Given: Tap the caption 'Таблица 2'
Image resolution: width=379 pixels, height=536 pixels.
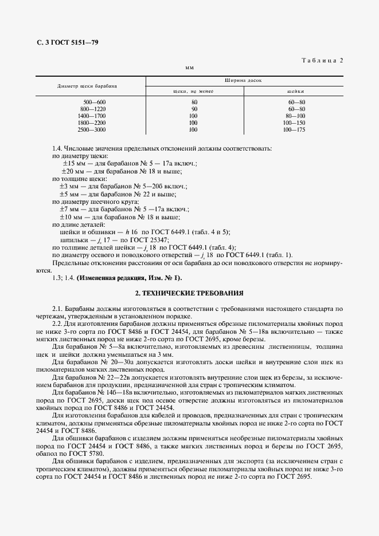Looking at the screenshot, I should click(x=322, y=60).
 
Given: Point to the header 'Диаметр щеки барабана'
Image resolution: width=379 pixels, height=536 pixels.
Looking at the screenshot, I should click(x=87, y=86).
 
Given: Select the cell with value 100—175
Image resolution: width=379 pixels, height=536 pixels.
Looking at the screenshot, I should click(x=294, y=129).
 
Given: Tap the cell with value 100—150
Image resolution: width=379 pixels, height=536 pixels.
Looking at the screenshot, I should click(x=294, y=123).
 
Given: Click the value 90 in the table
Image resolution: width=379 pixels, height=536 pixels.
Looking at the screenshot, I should click(x=194, y=109).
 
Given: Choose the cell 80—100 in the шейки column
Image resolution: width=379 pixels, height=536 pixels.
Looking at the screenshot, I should click(x=295, y=116).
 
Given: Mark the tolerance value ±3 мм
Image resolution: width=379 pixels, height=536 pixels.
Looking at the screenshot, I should click(x=72, y=186).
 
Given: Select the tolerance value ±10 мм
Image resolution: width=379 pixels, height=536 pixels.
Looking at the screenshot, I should click(x=73, y=217).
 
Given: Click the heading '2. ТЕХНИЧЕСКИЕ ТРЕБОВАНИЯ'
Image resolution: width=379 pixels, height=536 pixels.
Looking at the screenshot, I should click(x=189, y=293).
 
